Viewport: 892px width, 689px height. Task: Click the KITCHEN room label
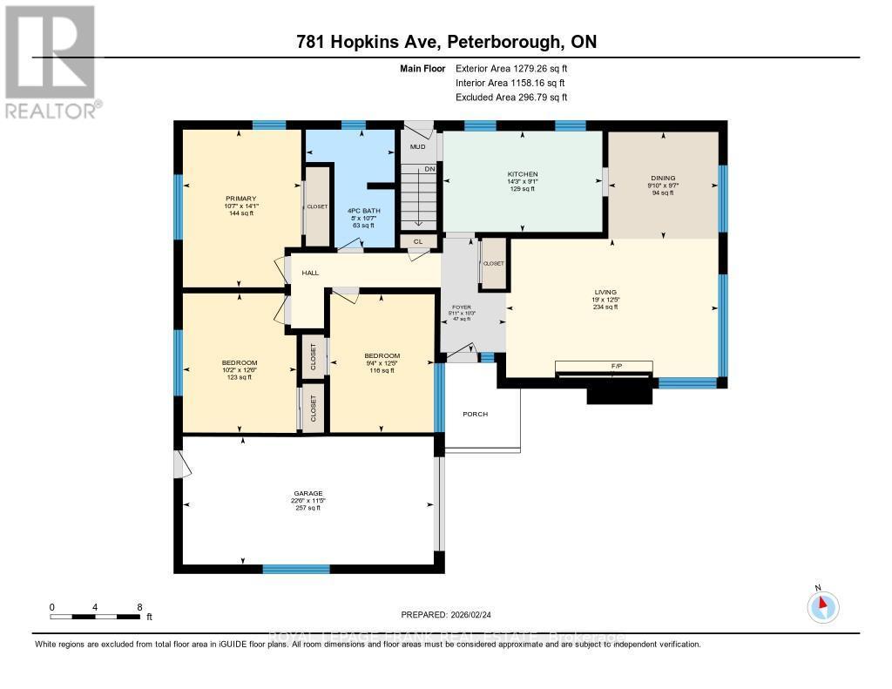[523, 174]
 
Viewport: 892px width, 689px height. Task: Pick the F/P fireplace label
[604, 366]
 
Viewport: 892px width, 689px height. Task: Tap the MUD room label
[417, 147]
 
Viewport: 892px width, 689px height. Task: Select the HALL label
[310, 273]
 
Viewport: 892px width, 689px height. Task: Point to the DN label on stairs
[429, 169]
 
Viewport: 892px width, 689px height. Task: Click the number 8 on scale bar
[139, 606]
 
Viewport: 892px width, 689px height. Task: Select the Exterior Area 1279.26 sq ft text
[514, 68]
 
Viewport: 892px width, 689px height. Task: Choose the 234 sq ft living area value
[605, 307]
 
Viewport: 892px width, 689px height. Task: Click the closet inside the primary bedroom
[316, 206]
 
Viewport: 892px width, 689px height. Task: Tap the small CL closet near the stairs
[418, 241]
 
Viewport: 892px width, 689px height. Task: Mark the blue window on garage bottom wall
[296, 569]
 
